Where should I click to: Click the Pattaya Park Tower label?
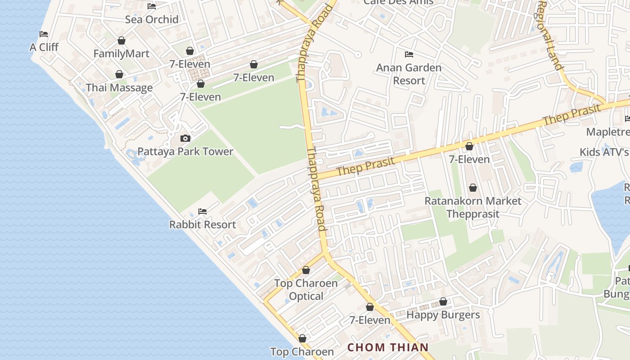pos(185,151)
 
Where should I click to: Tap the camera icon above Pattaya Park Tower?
pos(185,138)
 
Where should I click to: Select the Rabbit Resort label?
pos(202,224)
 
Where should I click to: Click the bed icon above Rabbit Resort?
pos(202,211)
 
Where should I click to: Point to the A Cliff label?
pos(44,47)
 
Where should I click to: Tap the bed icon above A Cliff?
pos(44,34)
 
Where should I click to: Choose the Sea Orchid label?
pos(152,19)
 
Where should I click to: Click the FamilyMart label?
pos(121,54)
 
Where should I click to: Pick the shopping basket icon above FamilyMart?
pos(121,40)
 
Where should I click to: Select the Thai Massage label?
pos(119,87)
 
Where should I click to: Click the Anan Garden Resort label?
pos(409,74)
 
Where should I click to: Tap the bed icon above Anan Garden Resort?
pos(409,54)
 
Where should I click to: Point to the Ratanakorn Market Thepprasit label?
pos(473,207)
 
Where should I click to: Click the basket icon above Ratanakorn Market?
pos(472,187)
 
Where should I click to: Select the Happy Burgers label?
pos(443,315)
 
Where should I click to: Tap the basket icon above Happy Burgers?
pos(443,301)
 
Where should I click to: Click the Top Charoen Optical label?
pos(306,289)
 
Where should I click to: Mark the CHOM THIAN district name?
pos(388,347)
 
